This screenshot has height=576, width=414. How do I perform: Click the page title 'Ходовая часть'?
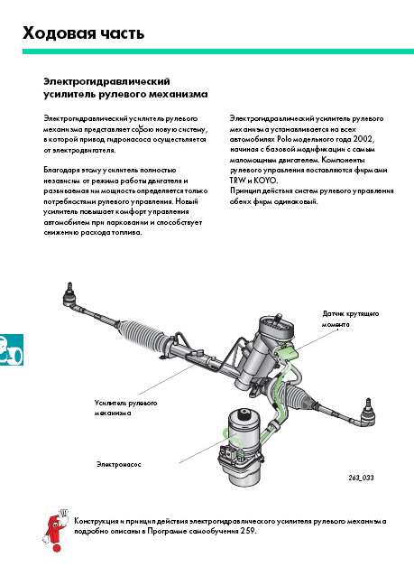pyautogui.click(x=83, y=33)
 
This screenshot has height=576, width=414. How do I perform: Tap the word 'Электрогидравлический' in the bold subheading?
pyautogui.click(x=106, y=81)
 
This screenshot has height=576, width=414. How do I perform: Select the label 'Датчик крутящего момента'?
pyautogui.click(x=351, y=319)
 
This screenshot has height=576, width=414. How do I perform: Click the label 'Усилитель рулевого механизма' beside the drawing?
pyautogui.click(x=125, y=408)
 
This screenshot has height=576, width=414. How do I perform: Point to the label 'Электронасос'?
pyautogui.click(x=118, y=464)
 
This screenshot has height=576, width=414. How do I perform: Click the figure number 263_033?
pyautogui.click(x=361, y=478)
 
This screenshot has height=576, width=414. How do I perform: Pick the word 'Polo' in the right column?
pyautogui.click(x=283, y=139)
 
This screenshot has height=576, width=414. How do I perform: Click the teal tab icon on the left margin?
pyautogui.click(x=12, y=349)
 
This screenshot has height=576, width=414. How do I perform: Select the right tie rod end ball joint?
pyautogui.click(x=367, y=413)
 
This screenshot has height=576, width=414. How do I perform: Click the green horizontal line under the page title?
pyautogui.click(x=218, y=51)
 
